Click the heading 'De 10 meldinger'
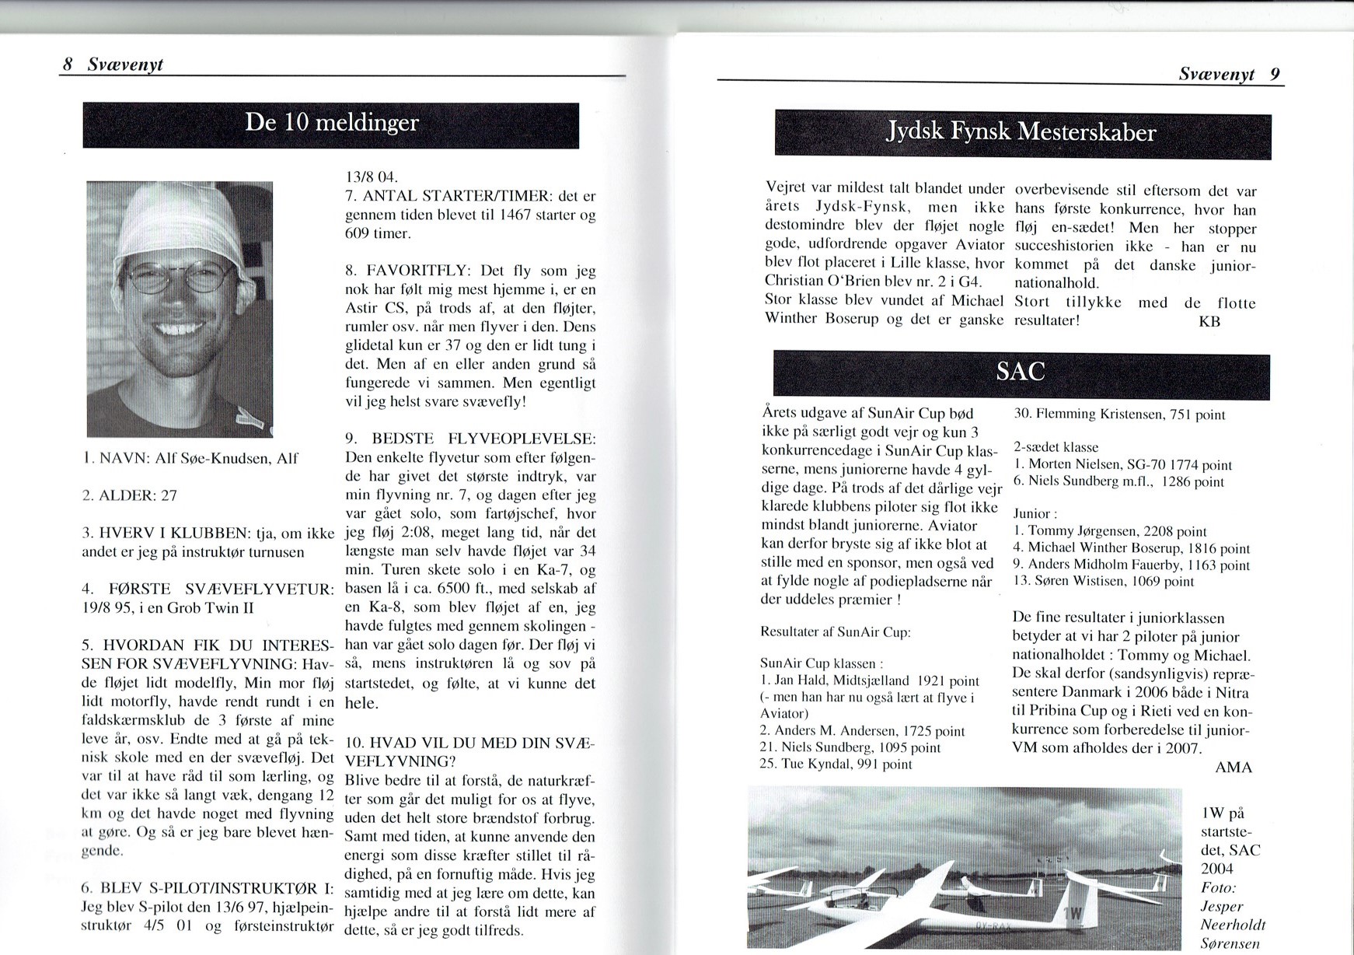coord(331,124)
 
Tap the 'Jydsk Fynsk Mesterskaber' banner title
coord(1021,133)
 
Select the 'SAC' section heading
coord(1020,373)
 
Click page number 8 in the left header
coord(68,65)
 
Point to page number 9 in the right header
coord(1275,75)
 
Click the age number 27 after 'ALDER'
coord(169,495)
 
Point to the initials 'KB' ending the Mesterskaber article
coord(1209,321)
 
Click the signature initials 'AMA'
coord(1234,768)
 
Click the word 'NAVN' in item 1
coord(123,459)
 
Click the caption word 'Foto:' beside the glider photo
coord(1218,887)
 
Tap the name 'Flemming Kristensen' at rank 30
coord(1088,415)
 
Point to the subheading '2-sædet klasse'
coord(1056,447)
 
